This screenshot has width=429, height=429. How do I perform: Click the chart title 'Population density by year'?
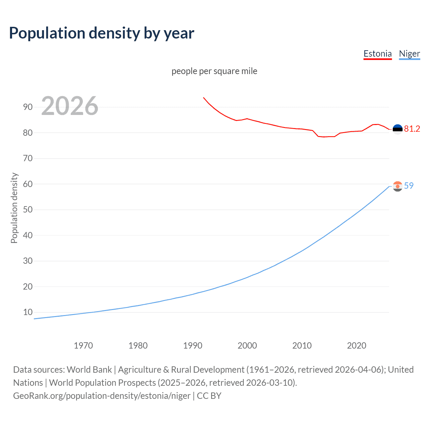coord(102,33)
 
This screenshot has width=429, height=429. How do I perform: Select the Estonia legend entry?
coord(377,54)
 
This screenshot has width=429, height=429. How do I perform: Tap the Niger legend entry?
coord(409,54)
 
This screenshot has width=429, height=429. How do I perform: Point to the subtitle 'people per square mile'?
coord(214,71)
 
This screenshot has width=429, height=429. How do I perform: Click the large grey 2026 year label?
coord(70,106)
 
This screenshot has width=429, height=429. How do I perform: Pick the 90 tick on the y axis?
coord(28,107)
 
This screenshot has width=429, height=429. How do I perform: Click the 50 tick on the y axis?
coord(28,210)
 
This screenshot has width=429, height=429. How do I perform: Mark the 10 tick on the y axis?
coord(28,312)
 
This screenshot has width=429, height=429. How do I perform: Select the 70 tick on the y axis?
coord(28,159)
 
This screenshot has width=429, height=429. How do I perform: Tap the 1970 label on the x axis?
coord(83,346)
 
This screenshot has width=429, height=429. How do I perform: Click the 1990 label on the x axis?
coord(193,346)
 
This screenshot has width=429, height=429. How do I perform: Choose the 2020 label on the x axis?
coord(357,346)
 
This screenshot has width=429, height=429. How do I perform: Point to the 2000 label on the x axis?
coord(247,346)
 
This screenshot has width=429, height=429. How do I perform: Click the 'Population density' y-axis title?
coord(14,208)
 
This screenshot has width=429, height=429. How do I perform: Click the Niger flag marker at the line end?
coord(397,186)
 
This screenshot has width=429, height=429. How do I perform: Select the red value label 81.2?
coord(412,129)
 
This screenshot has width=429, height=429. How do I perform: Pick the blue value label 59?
coord(409,186)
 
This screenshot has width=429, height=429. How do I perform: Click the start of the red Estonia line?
coord(203,98)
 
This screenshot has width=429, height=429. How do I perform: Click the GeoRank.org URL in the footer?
coord(102,396)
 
